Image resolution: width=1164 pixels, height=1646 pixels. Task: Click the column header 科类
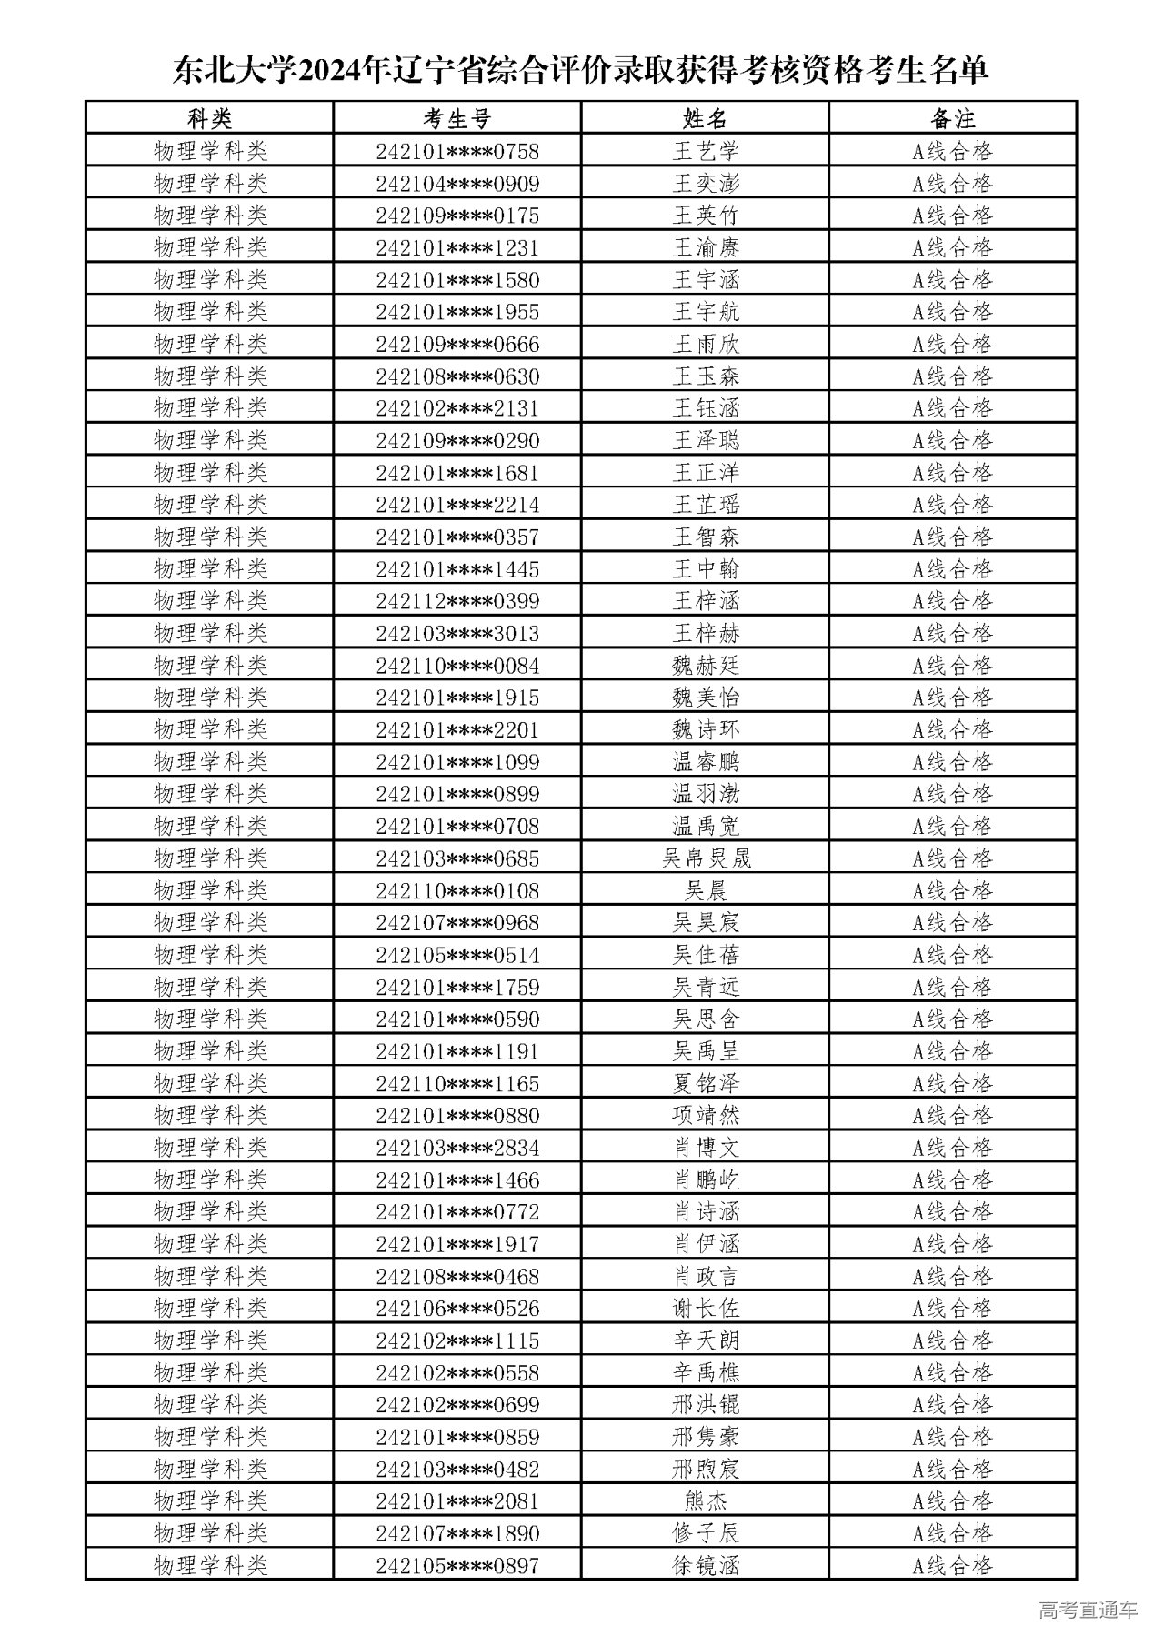pyautogui.click(x=210, y=118)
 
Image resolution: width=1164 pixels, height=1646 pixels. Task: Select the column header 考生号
pyautogui.click(x=457, y=118)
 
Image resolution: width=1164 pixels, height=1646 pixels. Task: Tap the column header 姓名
pyautogui.click(x=705, y=118)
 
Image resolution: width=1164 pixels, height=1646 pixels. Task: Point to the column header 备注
pyautogui.click(x=952, y=118)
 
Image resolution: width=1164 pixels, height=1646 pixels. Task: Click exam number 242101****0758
pyautogui.click(x=457, y=151)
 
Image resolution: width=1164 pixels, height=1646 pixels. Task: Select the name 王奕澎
pyautogui.click(x=706, y=184)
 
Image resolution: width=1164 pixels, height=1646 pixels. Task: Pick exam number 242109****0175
pyautogui.click(x=457, y=216)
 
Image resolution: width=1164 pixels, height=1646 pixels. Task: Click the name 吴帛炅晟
pyautogui.click(x=706, y=858)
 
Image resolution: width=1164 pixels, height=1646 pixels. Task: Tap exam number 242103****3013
pyautogui.click(x=457, y=633)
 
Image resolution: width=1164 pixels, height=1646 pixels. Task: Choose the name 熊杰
pyautogui.click(x=706, y=1500)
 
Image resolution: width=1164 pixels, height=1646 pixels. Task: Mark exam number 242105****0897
pyautogui.click(x=457, y=1565)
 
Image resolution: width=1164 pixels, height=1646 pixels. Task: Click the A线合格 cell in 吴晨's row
pyautogui.click(x=952, y=890)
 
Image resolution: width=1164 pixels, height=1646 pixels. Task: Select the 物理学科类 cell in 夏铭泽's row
pyautogui.click(x=210, y=1083)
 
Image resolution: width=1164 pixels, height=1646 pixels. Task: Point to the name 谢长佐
pyautogui.click(x=706, y=1308)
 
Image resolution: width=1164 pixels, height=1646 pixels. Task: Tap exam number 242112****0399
pyautogui.click(x=457, y=601)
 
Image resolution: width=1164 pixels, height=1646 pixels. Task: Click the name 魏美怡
pyautogui.click(x=706, y=698)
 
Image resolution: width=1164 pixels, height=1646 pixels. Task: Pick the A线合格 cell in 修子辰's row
pyautogui.click(x=952, y=1533)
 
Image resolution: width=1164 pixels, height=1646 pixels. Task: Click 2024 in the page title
pyautogui.click(x=328, y=71)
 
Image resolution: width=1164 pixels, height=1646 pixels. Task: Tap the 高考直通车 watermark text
pyautogui.click(x=1088, y=1610)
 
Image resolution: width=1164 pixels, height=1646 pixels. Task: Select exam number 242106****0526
pyautogui.click(x=457, y=1308)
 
